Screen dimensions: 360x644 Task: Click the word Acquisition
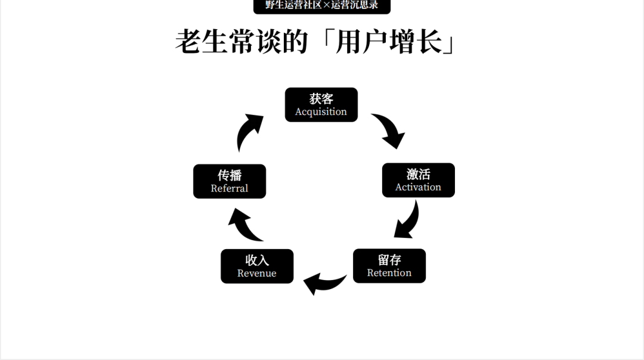click(x=321, y=112)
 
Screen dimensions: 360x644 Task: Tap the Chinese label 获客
click(x=321, y=98)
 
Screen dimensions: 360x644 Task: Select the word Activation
click(x=418, y=187)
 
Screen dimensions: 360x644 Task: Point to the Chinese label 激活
click(x=418, y=174)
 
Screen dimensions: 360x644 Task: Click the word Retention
click(x=389, y=273)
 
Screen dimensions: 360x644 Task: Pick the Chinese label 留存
click(x=389, y=260)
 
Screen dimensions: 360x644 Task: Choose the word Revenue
click(x=256, y=274)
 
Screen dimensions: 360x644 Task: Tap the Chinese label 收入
click(x=256, y=260)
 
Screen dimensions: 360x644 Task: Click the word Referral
click(x=229, y=188)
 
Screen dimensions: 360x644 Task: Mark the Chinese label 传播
click(x=229, y=175)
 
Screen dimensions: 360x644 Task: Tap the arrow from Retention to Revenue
click(x=323, y=283)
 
